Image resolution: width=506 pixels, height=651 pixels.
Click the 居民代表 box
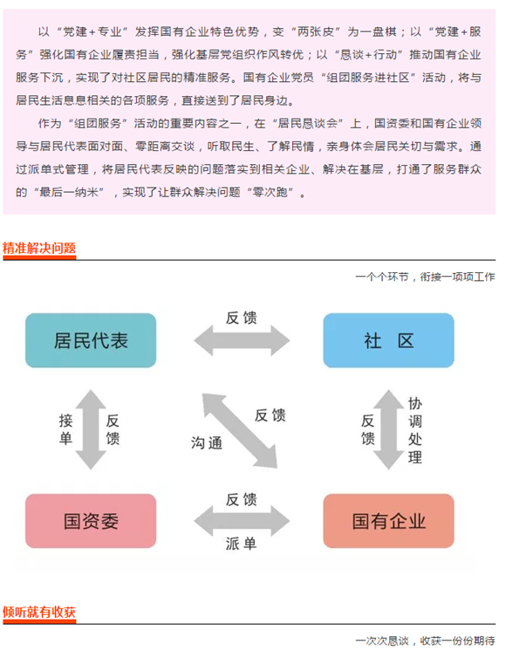[x=91, y=340]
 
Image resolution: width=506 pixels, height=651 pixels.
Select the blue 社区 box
[x=388, y=340]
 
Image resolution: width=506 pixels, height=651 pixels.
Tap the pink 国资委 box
[x=91, y=521]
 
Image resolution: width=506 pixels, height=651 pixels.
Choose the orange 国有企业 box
[x=388, y=521]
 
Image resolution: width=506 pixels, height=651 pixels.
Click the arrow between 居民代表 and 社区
[x=242, y=340]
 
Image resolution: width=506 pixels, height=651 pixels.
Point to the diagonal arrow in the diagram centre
[x=240, y=431]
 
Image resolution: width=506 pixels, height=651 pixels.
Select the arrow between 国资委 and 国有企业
[x=242, y=521]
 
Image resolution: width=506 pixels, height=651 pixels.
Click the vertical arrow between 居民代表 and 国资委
[x=91, y=429]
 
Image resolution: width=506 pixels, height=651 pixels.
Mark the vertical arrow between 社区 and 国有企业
[x=388, y=429]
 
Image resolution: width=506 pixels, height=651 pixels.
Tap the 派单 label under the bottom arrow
[x=241, y=544]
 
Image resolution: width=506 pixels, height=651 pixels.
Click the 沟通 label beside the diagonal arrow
[x=206, y=443]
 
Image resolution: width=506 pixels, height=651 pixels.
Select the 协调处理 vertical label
[x=414, y=430]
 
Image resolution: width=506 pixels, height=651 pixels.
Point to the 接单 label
[x=65, y=429]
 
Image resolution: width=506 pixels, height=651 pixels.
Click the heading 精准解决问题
[x=39, y=249]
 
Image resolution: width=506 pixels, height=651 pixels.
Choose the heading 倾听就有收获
[x=39, y=612]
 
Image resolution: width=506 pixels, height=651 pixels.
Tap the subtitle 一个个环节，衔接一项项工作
[x=425, y=277]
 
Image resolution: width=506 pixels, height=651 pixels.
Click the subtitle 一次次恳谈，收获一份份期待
[x=425, y=641]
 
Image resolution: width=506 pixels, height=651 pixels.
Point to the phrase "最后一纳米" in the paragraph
[x=69, y=192]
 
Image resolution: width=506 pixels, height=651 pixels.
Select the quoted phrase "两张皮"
[x=315, y=32]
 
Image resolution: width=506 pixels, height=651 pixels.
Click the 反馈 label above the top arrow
[x=241, y=318]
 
